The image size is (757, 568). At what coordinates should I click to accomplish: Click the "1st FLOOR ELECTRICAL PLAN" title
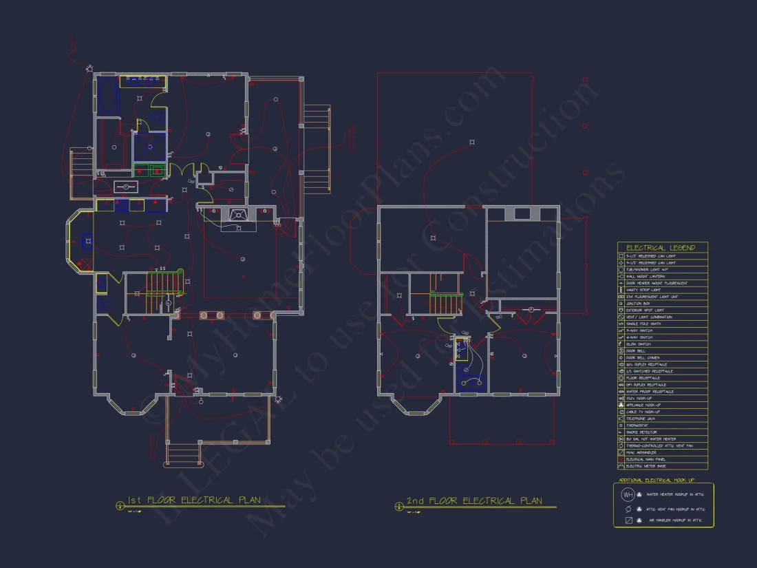pos(194,501)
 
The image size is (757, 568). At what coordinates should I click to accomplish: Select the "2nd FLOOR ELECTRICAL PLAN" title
pos(475,501)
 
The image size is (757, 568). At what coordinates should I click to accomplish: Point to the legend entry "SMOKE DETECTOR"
pos(642,432)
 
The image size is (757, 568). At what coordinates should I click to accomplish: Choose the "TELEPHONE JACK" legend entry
pos(641,419)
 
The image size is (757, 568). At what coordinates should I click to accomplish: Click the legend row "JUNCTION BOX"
pos(640,304)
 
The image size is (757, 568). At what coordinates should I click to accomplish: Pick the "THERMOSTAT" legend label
pos(639,425)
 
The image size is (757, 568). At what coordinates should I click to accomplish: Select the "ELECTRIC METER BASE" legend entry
pos(646,466)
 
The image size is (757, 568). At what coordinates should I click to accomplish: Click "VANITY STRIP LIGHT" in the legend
pos(644,290)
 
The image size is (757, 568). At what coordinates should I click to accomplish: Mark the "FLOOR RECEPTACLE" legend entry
pos(643,378)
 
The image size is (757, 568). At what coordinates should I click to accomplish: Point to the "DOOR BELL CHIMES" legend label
pos(643,357)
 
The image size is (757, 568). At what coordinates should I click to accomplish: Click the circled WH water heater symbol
pos(628,494)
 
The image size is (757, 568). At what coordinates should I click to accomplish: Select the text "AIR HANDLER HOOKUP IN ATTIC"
pos(674,520)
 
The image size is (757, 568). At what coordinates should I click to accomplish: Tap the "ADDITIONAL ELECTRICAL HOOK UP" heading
pos(657,480)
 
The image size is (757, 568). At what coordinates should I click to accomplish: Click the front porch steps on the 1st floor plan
pos(180,454)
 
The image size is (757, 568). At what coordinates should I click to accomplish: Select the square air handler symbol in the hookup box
pos(628,520)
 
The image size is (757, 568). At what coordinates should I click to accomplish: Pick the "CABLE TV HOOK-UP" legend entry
pos(643,412)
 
